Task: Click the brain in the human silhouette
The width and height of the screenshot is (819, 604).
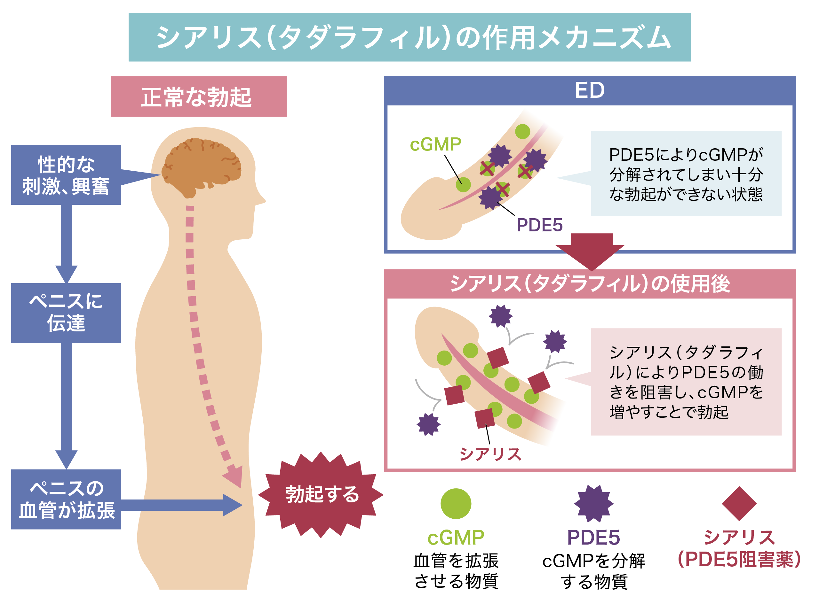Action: (201, 167)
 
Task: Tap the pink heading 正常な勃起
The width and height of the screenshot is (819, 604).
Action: (199, 97)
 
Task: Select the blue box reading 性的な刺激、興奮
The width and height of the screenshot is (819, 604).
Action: (66, 175)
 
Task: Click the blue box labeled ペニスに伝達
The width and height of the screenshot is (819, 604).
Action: (66, 313)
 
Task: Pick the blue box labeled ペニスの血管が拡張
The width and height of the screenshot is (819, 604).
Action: (66, 499)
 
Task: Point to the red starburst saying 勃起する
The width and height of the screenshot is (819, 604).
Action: (321, 495)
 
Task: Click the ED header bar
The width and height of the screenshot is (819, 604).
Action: (590, 90)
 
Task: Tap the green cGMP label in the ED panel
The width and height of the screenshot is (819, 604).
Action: (435, 144)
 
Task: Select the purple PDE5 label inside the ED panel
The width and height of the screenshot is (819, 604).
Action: (539, 225)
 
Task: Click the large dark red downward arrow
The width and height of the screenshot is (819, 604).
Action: (590, 252)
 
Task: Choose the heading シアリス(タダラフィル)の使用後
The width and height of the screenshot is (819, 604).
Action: (590, 284)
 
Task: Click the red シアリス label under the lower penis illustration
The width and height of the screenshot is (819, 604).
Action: (490, 454)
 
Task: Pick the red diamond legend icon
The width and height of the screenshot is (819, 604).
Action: (739, 503)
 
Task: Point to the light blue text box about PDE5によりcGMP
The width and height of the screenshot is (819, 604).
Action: (686, 173)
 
